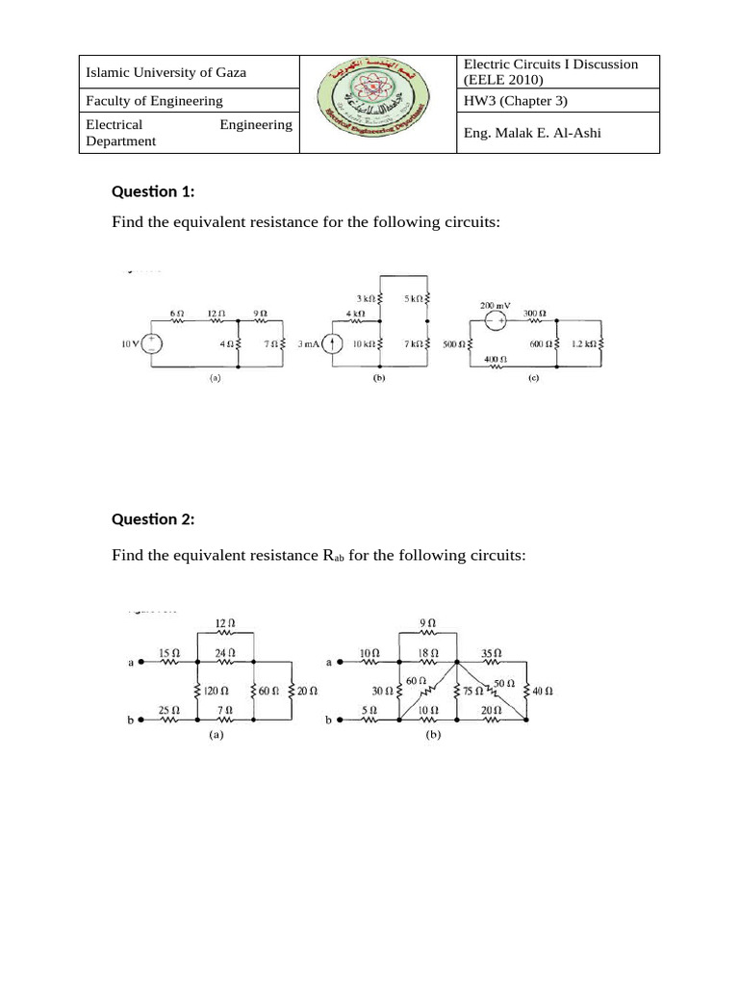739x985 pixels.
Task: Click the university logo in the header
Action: coord(379,104)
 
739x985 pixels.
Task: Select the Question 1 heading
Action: coord(153,190)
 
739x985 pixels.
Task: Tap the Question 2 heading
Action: coord(153,519)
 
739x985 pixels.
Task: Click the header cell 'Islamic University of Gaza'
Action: coord(166,72)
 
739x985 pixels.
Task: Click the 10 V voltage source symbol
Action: coord(153,342)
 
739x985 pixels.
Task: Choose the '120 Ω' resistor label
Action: coord(216,691)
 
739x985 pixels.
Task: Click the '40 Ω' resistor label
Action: coord(542,691)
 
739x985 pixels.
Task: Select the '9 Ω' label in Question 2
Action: coord(429,622)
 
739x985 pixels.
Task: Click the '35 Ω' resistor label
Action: coord(491,652)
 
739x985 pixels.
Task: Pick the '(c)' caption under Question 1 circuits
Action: coord(533,378)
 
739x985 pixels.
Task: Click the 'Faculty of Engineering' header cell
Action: coord(155,101)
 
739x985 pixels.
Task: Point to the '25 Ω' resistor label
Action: coord(166,711)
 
